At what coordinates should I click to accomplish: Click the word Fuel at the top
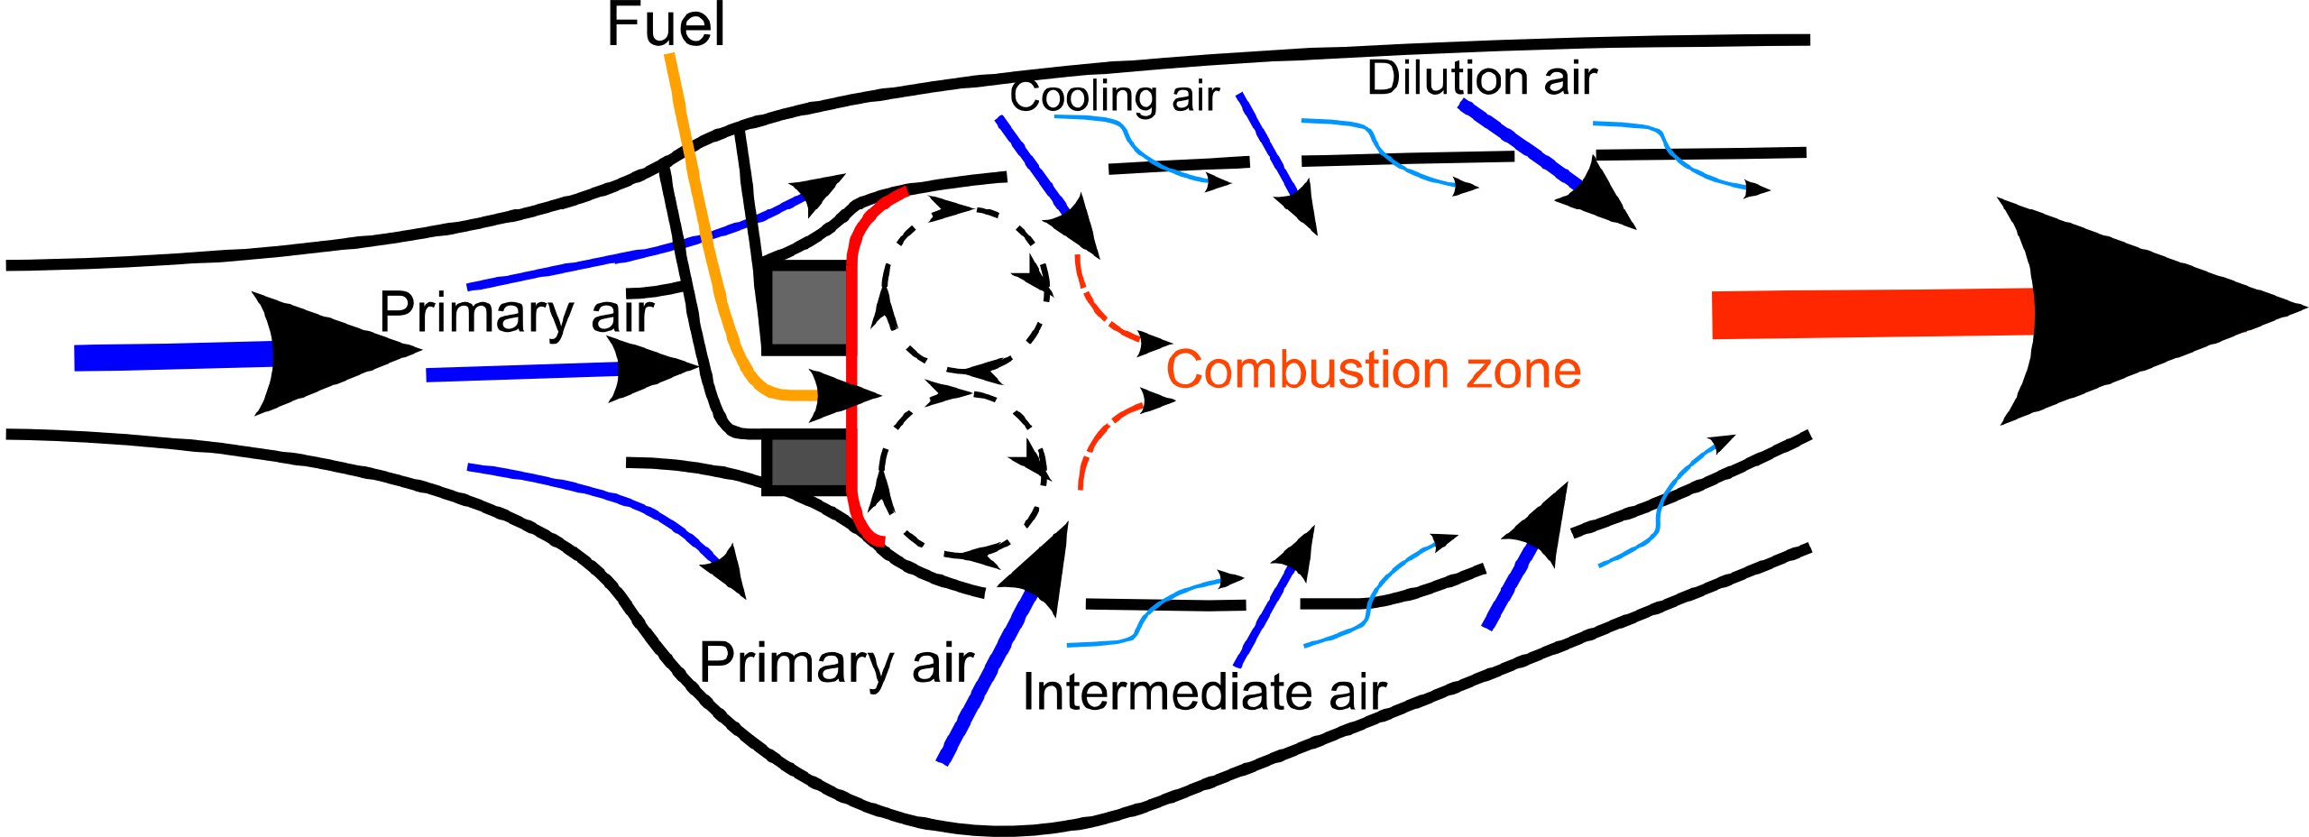coord(666,25)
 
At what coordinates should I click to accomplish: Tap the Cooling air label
coord(1114,97)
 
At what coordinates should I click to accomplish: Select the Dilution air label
coord(1482,78)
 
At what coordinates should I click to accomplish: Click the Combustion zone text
coord(1374,370)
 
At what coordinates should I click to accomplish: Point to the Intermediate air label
coord(1204,692)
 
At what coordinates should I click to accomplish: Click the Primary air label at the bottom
coord(836,663)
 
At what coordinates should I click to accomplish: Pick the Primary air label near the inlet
coord(516,313)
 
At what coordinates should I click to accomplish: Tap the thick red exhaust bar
coord(1873,314)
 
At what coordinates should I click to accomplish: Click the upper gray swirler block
coord(809,307)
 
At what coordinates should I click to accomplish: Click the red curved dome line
coord(851,361)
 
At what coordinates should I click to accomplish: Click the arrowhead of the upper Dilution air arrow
coord(1596,196)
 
